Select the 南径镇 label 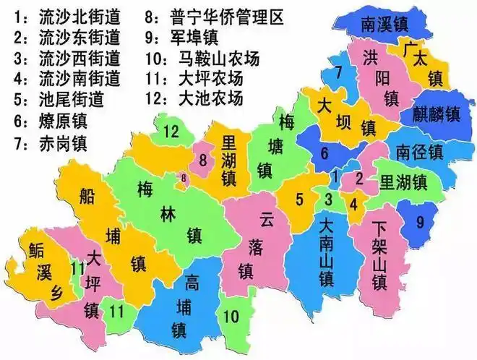tap(418, 152)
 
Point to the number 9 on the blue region tap(420, 223)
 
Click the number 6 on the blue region tap(325, 153)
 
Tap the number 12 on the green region tap(171, 131)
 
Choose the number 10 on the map tap(231, 316)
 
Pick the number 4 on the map tap(353, 203)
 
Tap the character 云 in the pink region tap(267, 216)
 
